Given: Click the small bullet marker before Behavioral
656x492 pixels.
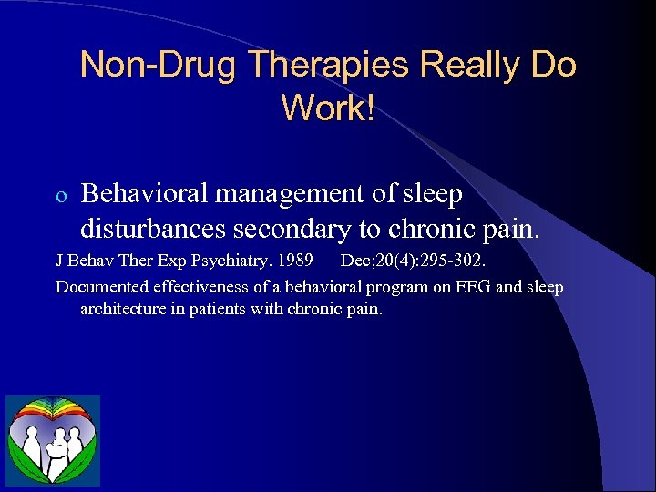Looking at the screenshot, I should click(x=60, y=195).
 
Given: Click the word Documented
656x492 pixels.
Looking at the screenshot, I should click(x=100, y=288).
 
